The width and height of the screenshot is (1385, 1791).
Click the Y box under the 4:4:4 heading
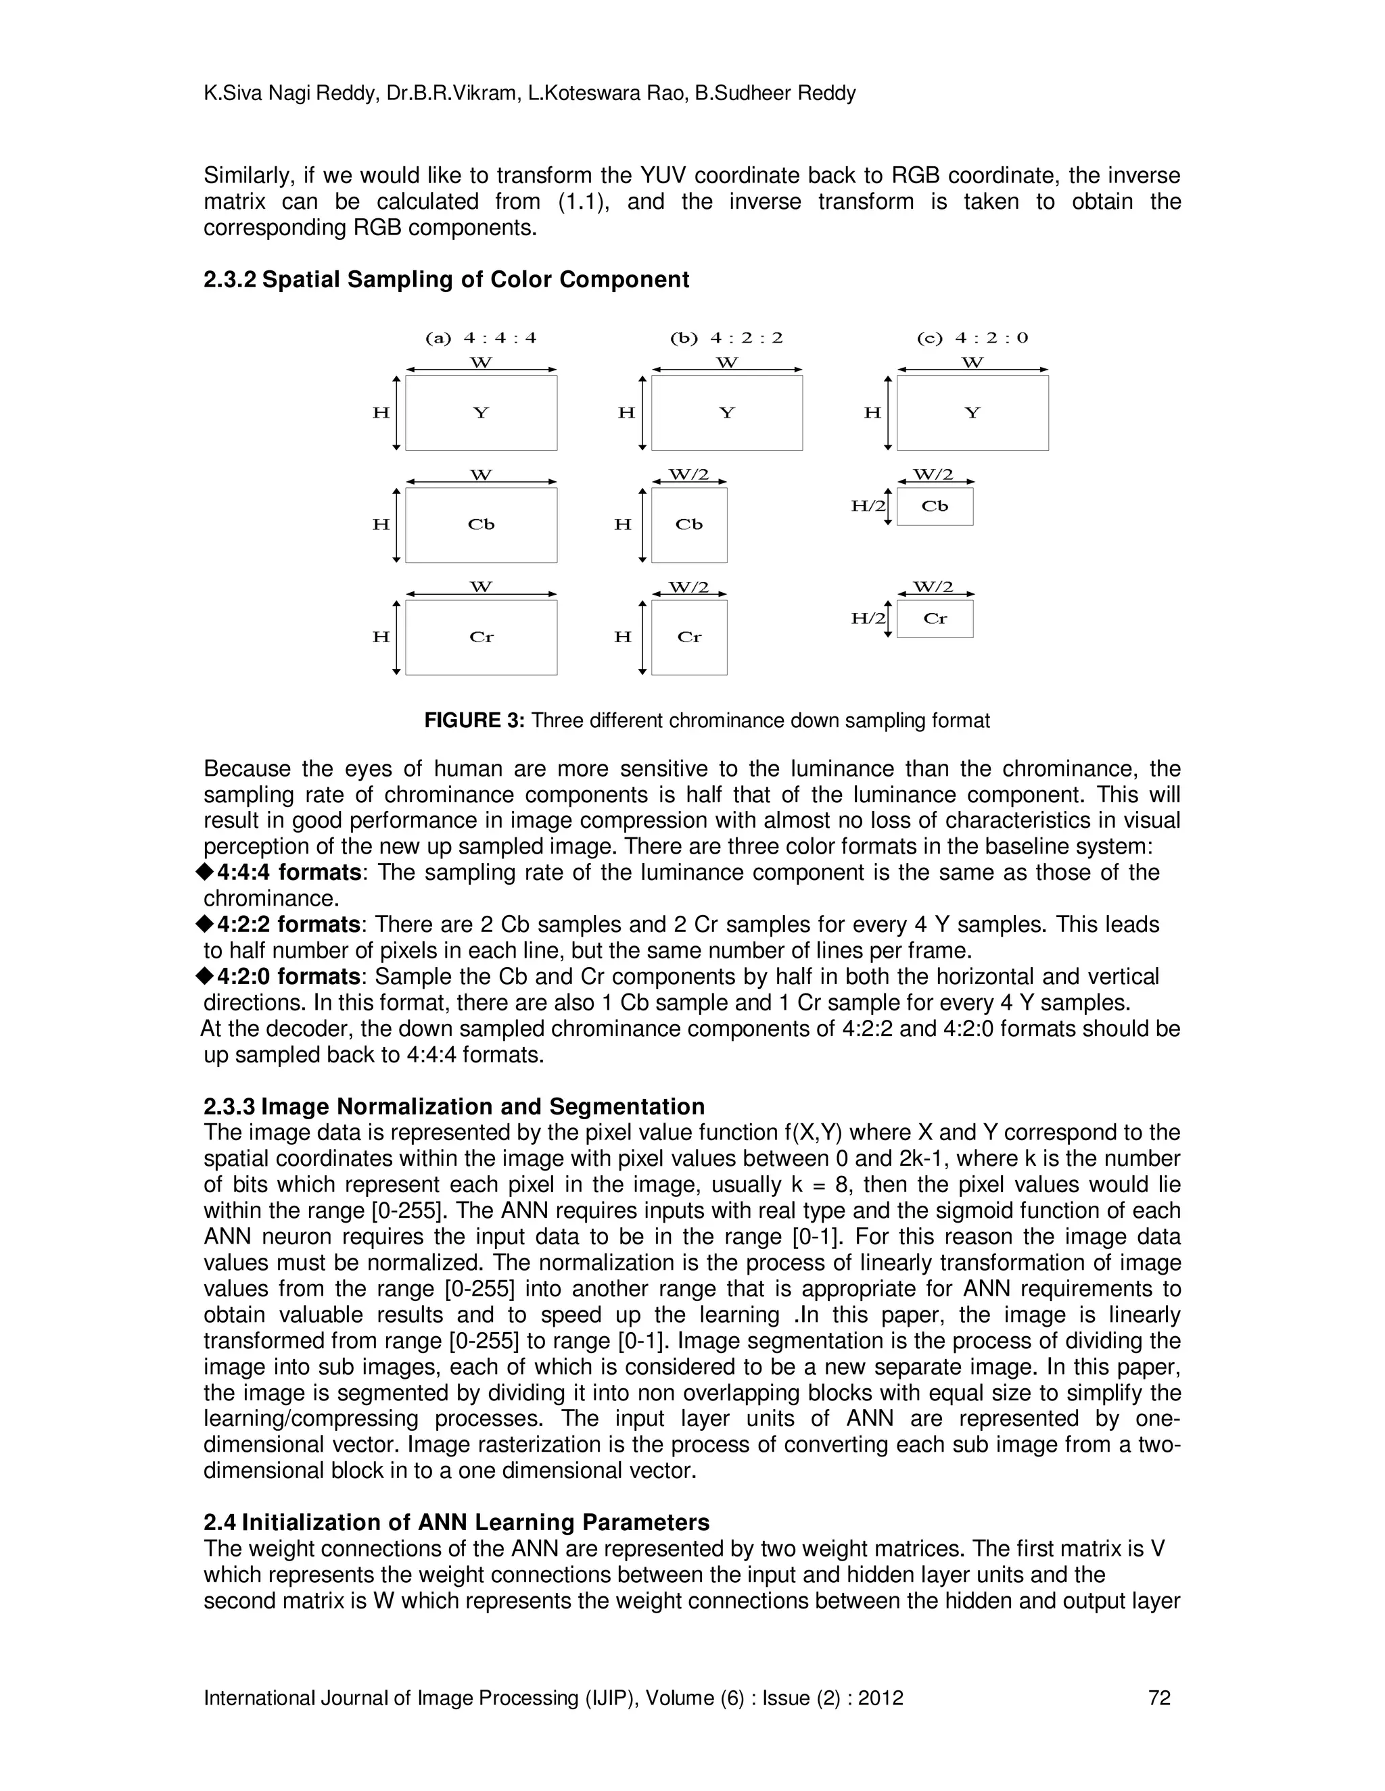point(481,412)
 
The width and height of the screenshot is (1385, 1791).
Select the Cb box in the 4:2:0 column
point(935,506)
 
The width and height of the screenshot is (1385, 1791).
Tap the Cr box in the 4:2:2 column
point(688,637)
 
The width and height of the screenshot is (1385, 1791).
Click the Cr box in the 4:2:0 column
point(935,618)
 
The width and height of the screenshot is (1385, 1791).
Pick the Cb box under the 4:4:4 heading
point(481,525)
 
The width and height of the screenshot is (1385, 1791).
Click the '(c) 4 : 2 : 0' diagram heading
point(972,338)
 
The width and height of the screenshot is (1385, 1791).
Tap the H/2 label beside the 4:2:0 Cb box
point(868,506)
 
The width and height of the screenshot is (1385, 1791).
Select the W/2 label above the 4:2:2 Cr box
point(688,587)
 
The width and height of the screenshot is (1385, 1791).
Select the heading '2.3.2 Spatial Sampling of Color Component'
point(446,280)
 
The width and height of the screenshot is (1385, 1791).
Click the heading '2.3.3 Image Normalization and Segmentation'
point(454,1106)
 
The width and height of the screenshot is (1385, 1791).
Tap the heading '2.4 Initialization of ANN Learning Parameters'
point(456,1522)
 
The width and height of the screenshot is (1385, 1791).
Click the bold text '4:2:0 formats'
point(288,977)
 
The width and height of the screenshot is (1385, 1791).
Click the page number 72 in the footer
point(1159,1698)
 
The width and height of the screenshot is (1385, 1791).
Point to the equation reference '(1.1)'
point(584,201)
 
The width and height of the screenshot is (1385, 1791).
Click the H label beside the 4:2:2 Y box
point(626,412)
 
